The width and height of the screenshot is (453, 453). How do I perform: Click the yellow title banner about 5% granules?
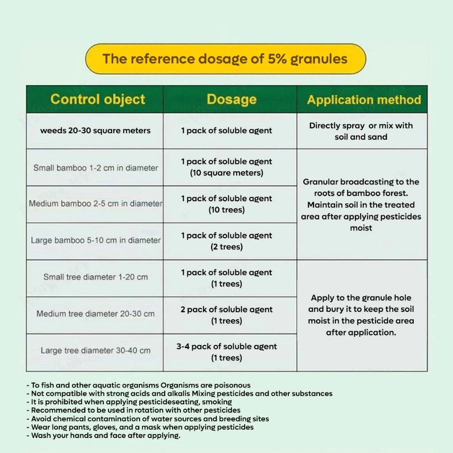pos(225,59)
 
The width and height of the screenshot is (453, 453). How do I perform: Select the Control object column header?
pos(97,99)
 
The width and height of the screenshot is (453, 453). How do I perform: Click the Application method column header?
pos(364,100)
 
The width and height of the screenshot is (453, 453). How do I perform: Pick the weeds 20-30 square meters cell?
pos(95,131)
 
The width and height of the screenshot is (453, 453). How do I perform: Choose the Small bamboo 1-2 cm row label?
pos(96,168)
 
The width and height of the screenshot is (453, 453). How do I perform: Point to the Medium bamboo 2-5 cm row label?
pos(96,204)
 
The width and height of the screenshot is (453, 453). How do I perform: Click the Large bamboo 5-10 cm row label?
pos(96,241)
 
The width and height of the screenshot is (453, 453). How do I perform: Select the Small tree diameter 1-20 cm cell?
pos(96,277)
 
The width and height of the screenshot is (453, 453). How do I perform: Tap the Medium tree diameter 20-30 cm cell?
pos(96,314)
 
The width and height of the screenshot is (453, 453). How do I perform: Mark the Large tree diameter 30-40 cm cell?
pos(96,351)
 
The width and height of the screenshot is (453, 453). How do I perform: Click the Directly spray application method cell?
pos(361,131)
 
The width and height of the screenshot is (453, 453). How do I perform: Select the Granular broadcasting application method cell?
pos(361,205)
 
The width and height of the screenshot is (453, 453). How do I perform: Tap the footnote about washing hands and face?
pos(106,436)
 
